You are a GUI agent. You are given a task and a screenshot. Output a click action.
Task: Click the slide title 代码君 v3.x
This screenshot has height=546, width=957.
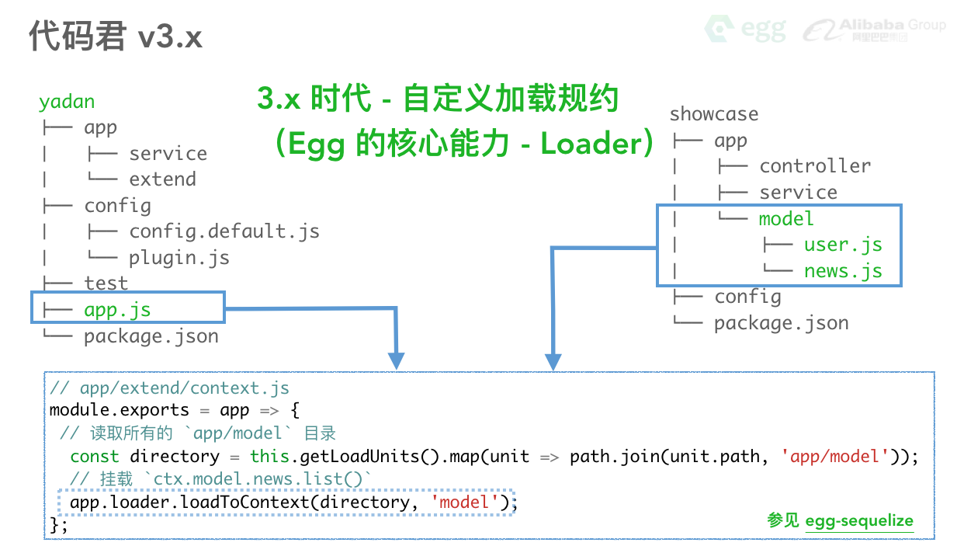116,37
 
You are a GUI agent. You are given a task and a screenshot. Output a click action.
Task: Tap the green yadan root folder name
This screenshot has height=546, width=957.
67,102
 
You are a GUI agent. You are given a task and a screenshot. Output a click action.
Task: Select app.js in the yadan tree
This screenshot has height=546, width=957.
117,309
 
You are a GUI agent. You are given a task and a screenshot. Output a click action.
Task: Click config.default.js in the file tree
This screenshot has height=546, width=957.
224,231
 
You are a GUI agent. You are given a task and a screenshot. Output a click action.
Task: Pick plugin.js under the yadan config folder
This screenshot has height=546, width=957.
179,257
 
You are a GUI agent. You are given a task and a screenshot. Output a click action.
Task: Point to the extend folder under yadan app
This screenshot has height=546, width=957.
162,179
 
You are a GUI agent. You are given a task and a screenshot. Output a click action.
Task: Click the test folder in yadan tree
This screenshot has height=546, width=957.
106,283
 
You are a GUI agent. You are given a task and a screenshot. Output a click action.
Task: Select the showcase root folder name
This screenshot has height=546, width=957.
713,114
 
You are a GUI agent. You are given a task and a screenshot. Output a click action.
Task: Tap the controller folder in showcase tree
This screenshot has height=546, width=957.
814,166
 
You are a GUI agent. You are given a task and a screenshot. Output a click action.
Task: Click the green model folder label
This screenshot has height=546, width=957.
785,218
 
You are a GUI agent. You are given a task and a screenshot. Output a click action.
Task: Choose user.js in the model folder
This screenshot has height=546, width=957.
842,245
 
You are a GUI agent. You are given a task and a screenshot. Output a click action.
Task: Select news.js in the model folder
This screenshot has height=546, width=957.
842,270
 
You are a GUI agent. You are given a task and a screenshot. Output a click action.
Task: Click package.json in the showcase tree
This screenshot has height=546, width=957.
781,323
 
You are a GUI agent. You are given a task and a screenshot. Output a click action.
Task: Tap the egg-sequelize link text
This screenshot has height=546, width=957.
858,521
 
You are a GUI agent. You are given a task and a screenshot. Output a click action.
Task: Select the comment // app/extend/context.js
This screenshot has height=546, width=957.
169,388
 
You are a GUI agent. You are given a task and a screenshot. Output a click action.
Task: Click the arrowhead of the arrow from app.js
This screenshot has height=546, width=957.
397,361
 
